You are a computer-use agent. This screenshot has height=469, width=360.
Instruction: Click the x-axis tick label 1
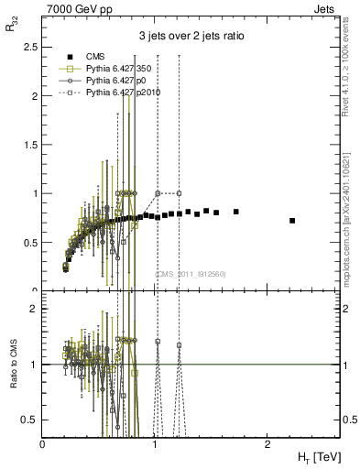coord(155,444)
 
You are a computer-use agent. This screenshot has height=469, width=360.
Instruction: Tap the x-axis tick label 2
coord(267,444)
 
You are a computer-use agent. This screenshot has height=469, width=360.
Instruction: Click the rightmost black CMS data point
coord(292,221)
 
